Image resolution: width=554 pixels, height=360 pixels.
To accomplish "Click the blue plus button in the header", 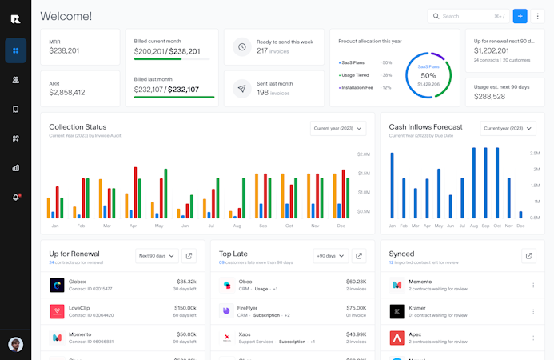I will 520,16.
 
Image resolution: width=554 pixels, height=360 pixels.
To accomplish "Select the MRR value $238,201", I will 64,50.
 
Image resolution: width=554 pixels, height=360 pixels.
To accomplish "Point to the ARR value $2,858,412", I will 66,93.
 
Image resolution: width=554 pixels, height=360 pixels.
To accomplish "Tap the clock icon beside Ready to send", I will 241,46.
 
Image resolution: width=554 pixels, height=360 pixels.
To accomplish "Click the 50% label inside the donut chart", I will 428,75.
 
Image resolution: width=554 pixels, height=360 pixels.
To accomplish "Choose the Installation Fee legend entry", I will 361,87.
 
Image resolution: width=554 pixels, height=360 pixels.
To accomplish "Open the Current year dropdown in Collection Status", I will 338,128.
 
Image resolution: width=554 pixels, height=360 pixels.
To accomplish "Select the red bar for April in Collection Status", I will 135,192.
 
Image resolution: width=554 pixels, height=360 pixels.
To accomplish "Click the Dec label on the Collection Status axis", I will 341,226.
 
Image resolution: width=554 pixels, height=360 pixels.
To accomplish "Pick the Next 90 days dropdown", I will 155,256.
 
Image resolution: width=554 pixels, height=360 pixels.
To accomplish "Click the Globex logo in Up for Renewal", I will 57,285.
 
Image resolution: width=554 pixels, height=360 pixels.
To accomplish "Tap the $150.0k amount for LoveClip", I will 185,307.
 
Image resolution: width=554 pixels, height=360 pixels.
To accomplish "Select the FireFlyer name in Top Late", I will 247,307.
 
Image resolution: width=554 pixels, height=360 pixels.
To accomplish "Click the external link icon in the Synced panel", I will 528,256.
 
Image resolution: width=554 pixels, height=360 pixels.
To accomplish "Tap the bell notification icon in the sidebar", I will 15,197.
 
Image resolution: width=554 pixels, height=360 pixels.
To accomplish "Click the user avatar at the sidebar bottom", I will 15,345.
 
